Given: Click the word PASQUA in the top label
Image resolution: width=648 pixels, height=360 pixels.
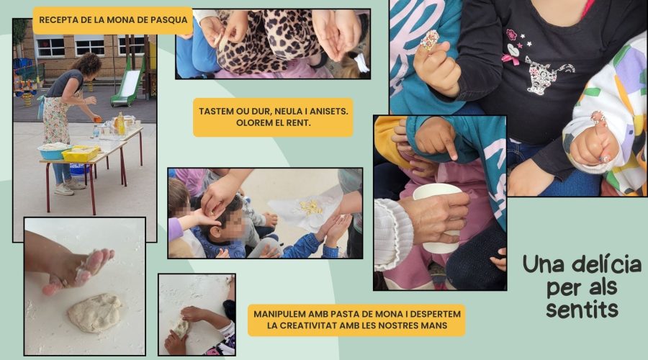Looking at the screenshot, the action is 170,20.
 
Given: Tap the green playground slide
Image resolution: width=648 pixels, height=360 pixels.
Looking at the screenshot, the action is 128,88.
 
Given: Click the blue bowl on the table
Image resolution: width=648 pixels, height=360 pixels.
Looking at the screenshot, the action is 54,151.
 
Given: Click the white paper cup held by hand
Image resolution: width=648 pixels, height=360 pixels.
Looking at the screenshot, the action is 438,217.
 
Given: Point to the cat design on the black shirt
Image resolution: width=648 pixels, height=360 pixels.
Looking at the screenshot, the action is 547,74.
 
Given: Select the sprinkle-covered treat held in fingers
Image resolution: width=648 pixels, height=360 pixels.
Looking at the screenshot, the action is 430,40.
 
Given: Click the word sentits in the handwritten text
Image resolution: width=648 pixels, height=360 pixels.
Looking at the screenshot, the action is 582,309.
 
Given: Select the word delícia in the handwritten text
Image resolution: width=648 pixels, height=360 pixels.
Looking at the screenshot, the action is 607,264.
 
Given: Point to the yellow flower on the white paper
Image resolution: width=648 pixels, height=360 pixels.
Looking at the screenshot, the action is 311,207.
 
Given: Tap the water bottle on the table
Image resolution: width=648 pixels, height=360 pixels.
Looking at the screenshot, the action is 96,132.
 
